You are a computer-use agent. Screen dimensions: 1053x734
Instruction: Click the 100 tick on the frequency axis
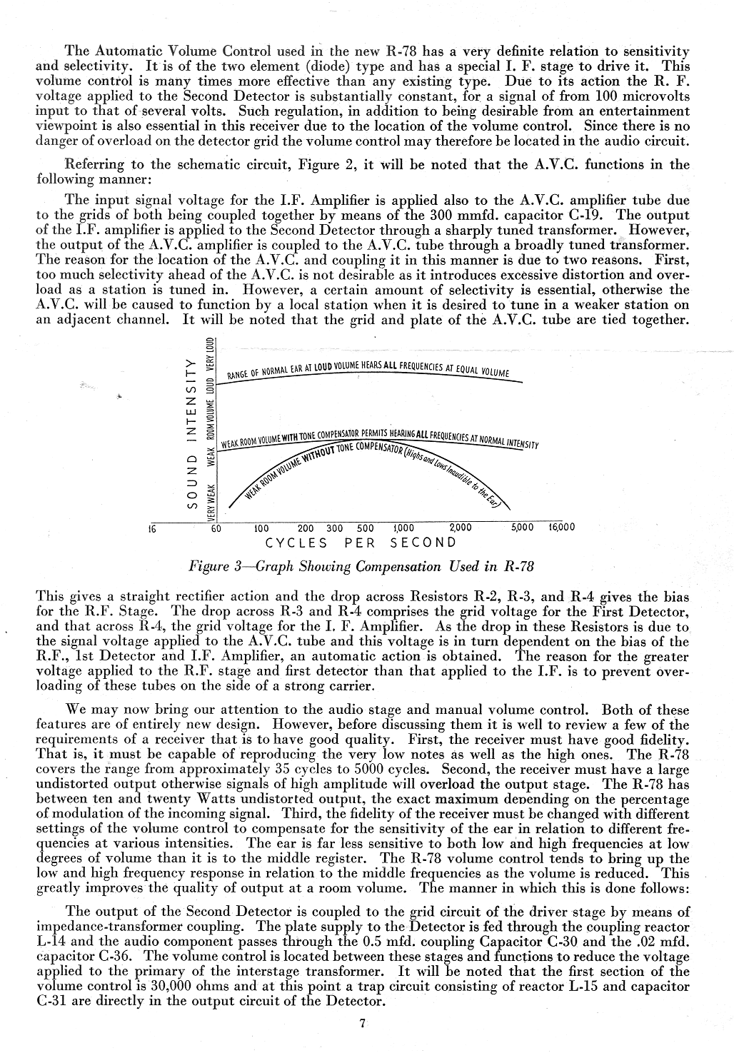pyautogui.click(x=261, y=529)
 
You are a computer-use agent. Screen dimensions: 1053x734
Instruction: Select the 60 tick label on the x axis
pyautogui.click(x=216, y=529)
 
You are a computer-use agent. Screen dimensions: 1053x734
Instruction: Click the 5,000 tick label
pyautogui.click(x=523, y=528)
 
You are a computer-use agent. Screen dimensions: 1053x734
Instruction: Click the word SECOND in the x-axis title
pyautogui.click(x=423, y=542)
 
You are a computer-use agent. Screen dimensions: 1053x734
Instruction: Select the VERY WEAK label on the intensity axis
pyautogui.click(x=211, y=501)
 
